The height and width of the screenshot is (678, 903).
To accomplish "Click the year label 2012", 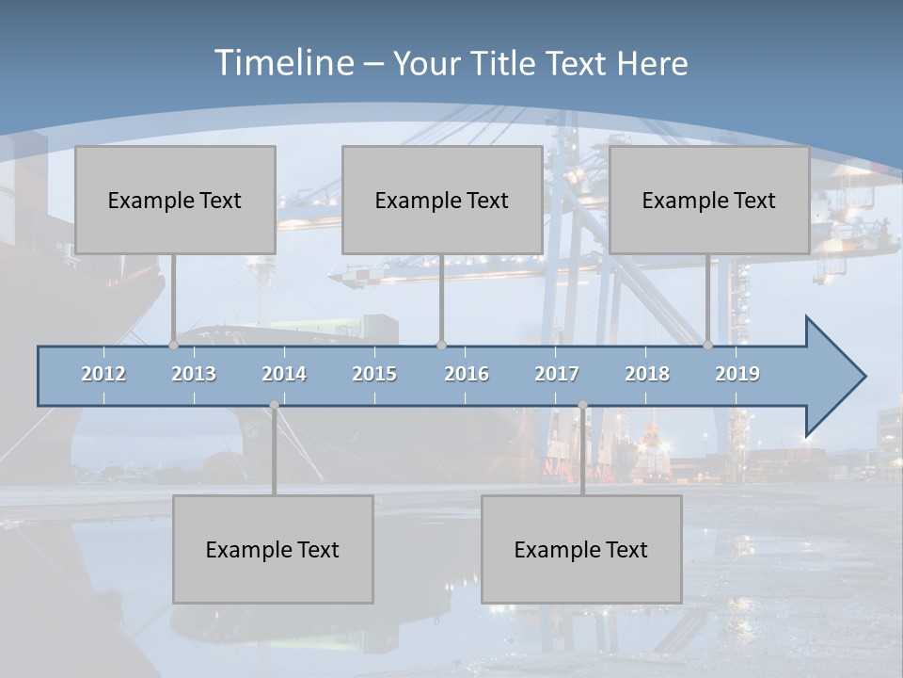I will tap(103, 374).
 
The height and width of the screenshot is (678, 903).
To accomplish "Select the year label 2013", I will tap(194, 374).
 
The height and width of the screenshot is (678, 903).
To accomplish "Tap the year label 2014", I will tap(284, 374).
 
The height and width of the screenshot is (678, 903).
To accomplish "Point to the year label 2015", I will tap(374, 374).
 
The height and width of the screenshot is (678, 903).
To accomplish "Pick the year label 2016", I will tap(467, 374).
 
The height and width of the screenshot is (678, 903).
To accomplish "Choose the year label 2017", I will tap(557, 374).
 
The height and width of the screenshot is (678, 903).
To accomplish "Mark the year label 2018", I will tap(647, 374).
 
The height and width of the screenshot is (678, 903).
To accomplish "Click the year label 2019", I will tap(737, 374).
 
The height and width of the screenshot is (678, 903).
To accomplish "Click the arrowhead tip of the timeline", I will tap(863, 377).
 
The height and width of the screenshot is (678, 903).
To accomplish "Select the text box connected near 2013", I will tap(175, 200).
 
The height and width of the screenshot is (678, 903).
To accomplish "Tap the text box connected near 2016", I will tap(442, 200).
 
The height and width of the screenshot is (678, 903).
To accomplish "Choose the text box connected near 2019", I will tap(709, 200).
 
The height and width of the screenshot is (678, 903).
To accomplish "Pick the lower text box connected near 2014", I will tap(273, 549).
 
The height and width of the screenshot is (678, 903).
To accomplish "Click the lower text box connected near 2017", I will tap(581, 549).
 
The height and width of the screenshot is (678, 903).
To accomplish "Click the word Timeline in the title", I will tap(282, 63).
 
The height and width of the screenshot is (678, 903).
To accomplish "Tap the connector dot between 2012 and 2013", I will tap(174, 346).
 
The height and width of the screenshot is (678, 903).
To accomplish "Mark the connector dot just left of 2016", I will tap(442, 346).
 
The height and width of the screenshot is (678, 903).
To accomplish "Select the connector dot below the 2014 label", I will tap(274, 405).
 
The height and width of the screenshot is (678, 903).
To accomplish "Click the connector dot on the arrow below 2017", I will tap(582, 405).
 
